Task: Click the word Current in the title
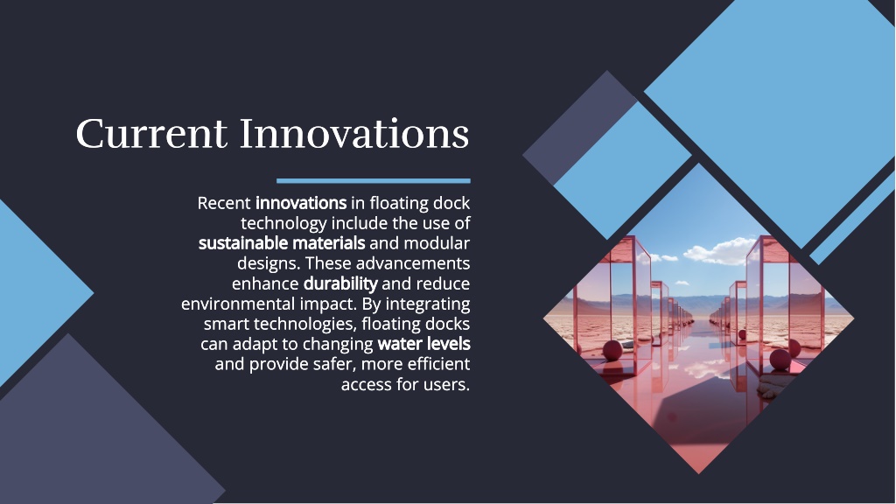click(151, 134)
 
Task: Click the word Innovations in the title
click(354, 133)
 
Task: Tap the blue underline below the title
click(373, 180)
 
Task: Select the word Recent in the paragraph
click(224, 203)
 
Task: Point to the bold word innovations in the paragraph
click(301, 203)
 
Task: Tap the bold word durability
click(340, 284)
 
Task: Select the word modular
click(437, 243)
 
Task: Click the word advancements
click(413, 263)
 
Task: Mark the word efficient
click(439, 364)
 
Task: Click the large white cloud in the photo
click(717, 252)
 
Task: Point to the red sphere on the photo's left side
click(612, 350)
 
